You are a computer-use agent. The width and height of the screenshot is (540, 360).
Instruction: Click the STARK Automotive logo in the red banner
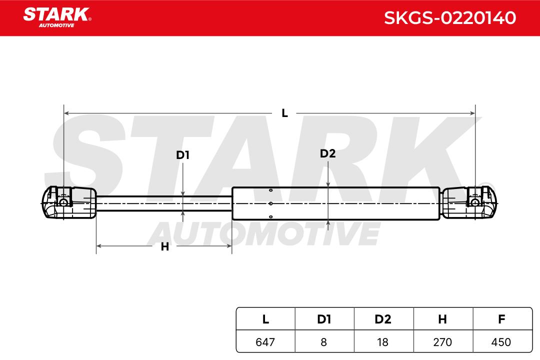[57, 17]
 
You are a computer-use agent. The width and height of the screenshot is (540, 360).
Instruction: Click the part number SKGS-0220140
[450, 18]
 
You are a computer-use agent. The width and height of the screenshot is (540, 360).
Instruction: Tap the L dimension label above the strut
[284, 113]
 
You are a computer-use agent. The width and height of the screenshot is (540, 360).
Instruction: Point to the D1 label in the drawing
[182, 155]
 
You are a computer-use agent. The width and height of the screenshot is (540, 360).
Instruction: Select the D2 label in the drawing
[327, 153]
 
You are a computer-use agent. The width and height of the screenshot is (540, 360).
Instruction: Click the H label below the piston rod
[165, 246]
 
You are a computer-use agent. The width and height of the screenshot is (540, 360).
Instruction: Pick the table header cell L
[265, 319]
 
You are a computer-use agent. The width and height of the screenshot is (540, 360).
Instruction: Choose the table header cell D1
[324, 319]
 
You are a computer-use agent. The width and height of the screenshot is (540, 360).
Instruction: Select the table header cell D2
[383, 319]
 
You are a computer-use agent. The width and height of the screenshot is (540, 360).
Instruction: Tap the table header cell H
[442, 319]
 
